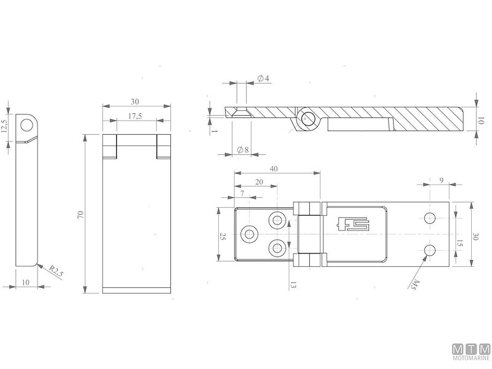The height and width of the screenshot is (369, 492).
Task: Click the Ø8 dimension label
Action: tap(242, 149)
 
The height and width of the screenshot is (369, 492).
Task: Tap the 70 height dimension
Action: tap(81, 215)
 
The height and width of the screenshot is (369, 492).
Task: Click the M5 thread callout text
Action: tap(415, 284)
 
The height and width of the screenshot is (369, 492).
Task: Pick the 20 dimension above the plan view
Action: tap(258, 182)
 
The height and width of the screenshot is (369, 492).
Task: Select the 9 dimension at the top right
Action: tap(442, 180)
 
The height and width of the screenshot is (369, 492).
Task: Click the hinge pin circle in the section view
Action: tap(306, 118)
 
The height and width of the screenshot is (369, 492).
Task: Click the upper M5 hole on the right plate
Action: tap(430, 218)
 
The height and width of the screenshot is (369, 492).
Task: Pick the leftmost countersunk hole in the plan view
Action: tap(250, 234)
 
